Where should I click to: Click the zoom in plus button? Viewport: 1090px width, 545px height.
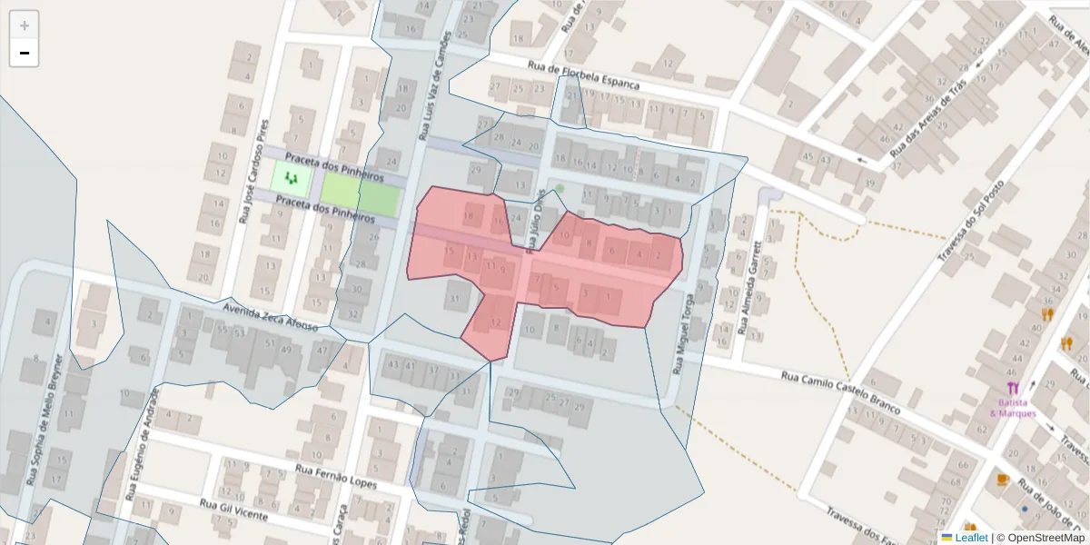coord(25,25)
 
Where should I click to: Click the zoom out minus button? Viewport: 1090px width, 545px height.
coord(25,53)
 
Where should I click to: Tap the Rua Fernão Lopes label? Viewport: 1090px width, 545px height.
coord(335,478)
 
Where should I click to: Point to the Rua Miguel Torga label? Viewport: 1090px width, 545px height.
coord(683,334)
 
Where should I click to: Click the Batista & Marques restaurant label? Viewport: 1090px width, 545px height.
coord(1013,408)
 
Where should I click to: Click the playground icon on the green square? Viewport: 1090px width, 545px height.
coord(292,178)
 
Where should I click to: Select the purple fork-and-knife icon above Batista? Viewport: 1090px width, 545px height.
coord(1013,388)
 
